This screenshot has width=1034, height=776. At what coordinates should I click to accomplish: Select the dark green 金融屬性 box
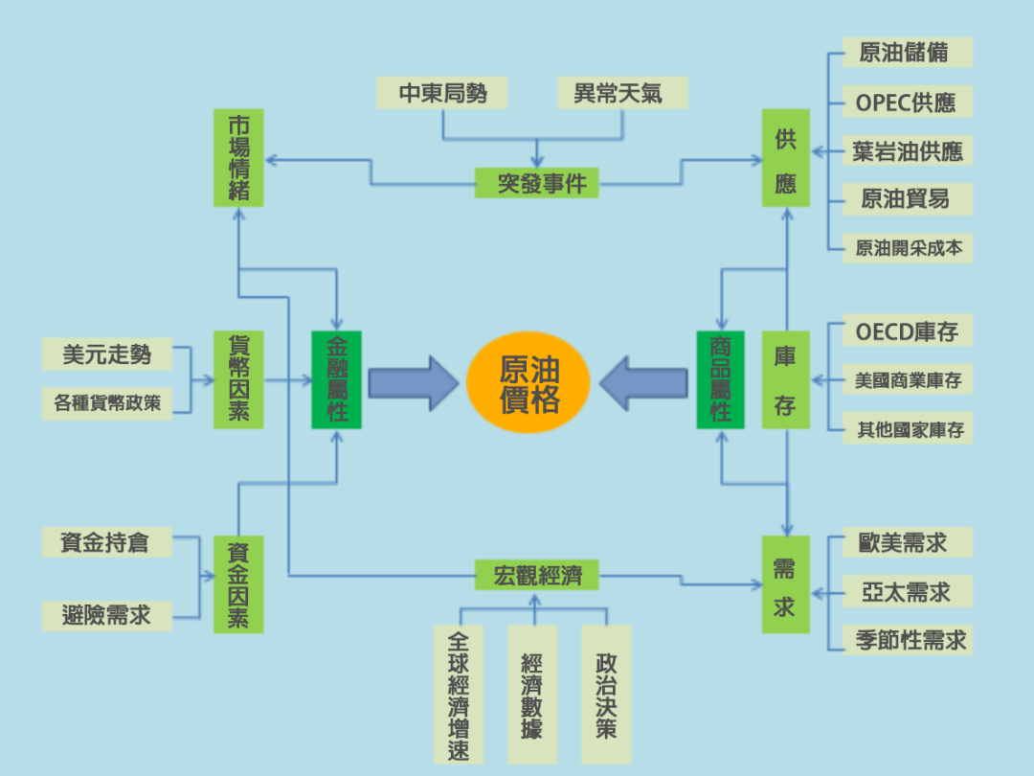click(336, 379)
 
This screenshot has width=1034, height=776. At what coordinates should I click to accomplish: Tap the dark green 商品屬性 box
click(720, 379)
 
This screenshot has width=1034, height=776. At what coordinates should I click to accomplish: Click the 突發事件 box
click(536, 182)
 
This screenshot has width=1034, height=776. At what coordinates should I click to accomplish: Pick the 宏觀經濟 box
click(536, 575)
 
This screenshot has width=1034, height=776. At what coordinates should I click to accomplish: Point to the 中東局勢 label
click(442, 93)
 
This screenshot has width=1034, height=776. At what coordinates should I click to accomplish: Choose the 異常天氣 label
click(618, 93)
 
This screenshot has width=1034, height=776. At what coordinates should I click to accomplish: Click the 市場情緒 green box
click(238, 158)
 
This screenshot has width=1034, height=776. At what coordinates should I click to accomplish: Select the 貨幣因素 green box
click(238, 379)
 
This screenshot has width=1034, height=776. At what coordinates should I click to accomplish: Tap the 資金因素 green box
click(238, 584)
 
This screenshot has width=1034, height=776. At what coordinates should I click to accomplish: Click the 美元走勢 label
click(107, 354)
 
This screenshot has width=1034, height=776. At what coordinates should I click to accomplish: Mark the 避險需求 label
click(107, 615)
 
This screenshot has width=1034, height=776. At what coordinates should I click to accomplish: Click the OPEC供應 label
click(906, 102)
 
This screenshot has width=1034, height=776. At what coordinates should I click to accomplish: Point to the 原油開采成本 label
click(908, 249)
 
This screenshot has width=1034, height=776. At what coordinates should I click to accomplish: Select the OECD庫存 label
click(906, 332)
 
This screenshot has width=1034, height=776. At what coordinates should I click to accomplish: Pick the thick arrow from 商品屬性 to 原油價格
click(643, 382)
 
